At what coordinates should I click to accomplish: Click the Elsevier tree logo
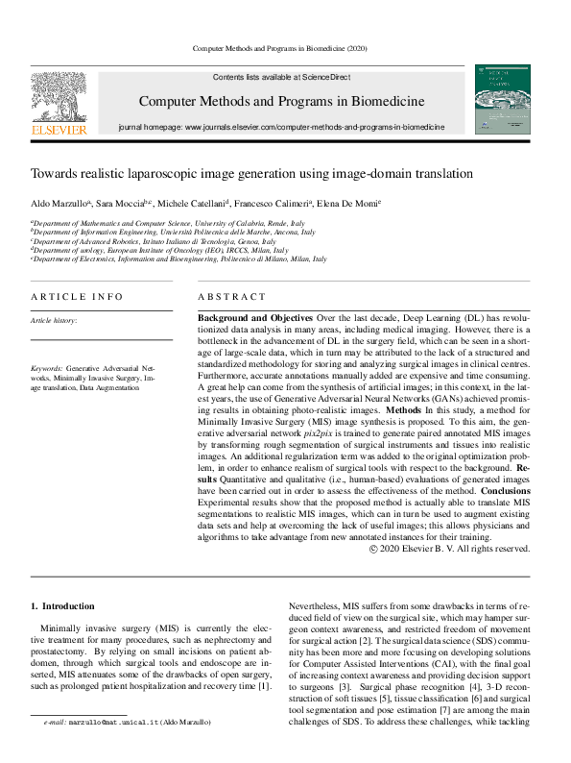click(x=59, y=95)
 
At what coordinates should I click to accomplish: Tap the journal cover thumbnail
click(x=502, y=99)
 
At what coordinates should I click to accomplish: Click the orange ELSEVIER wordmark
click(x=59, y=129)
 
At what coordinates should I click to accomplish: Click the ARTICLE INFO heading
click(x=77, y=297)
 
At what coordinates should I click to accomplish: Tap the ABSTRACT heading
click(x=230, y=297)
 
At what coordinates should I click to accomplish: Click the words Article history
click(x=54, y=320)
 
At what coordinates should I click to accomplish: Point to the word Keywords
click(x=47, y=368)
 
